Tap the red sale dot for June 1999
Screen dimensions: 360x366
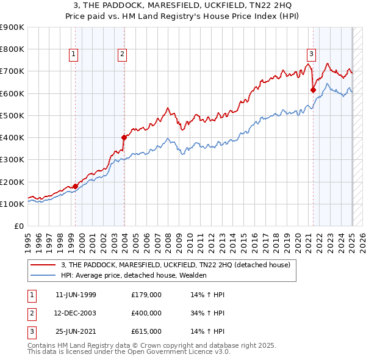[76, 186]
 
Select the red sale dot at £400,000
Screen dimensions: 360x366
[124, 137]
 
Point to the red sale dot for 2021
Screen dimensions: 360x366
[313, 90]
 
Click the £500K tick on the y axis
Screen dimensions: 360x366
[13, 115]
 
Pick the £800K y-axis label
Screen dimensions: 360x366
[13, 49]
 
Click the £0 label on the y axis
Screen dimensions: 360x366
[19, 226]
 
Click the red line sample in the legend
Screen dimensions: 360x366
[43, 264]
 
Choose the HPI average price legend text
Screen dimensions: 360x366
[134, 275]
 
